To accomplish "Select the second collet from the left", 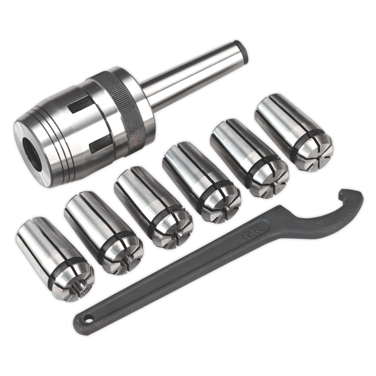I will tap(102, 233).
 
